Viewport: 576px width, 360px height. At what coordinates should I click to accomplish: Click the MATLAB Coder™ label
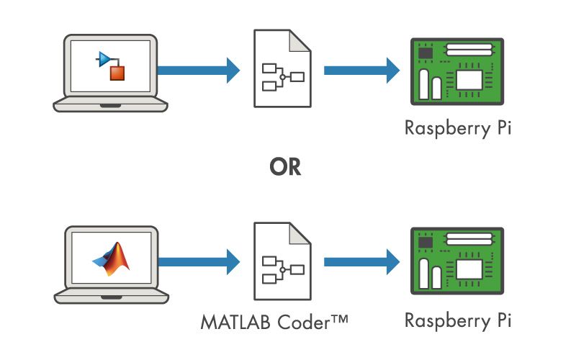point(274,320)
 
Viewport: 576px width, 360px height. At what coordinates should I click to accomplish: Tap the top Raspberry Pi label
point(459,129)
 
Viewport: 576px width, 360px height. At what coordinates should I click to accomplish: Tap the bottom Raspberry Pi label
point(459,320)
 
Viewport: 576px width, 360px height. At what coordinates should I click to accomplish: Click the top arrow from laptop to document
point(198,70)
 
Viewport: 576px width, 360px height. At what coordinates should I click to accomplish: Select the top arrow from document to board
point(361,70)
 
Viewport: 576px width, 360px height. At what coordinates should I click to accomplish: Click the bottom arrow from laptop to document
point(198,261)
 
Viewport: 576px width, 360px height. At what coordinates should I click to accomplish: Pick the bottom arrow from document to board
point(361,261)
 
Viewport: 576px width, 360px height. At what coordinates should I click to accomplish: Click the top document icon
point(282,69)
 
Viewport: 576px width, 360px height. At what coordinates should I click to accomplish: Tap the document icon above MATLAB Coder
point(282,261)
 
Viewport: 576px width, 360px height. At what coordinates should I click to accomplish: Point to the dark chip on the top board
point(426,53)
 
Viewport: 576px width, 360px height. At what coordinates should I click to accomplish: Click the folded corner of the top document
point(303,40)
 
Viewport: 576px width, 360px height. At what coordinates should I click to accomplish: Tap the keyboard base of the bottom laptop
point(111,297)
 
